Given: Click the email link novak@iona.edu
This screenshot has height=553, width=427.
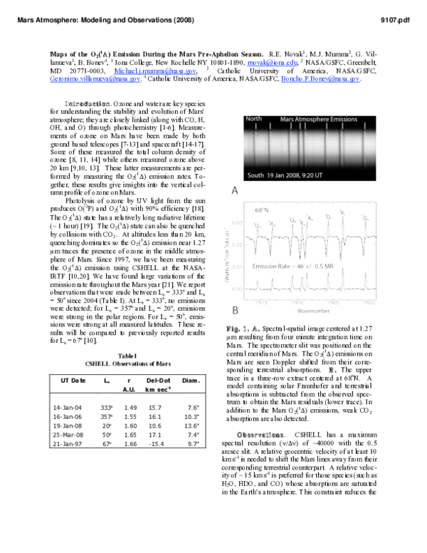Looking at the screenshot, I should (x=268, y=62).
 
